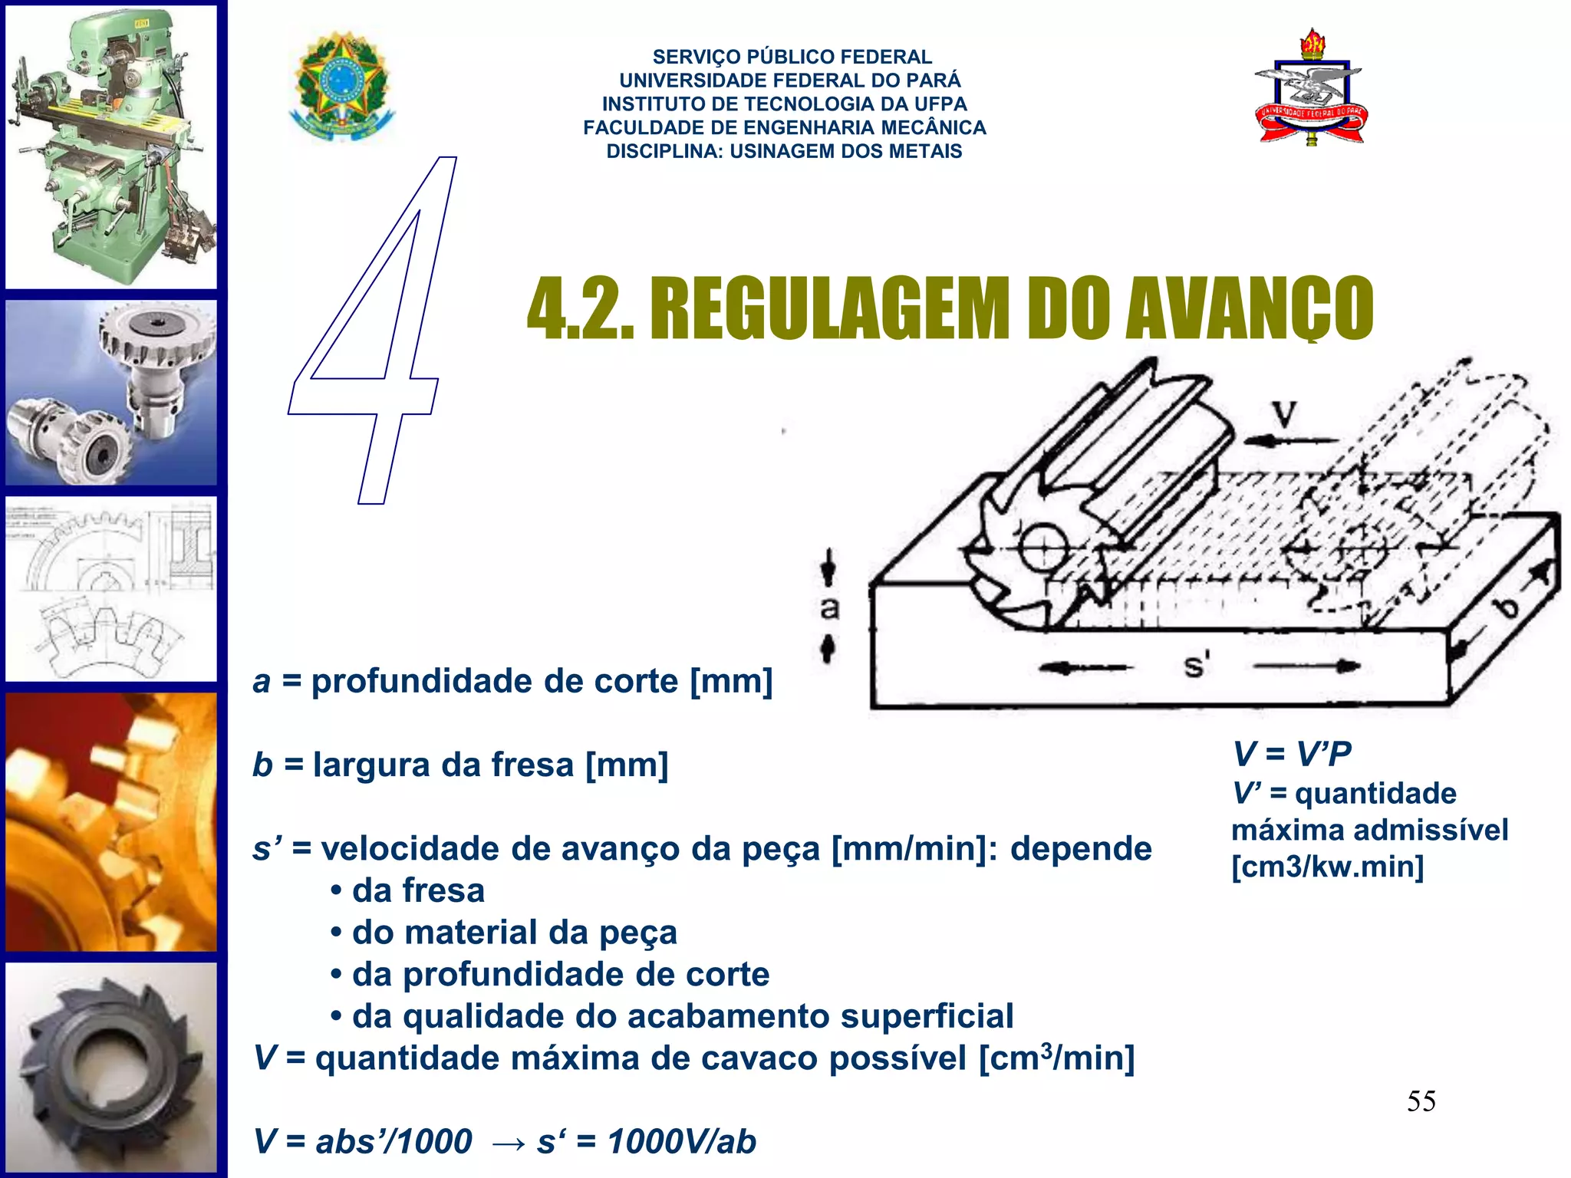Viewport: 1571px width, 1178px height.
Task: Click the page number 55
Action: [1421, 1101]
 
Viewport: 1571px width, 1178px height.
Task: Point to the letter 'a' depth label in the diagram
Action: [829, 608]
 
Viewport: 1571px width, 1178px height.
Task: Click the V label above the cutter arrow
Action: [1286, 415]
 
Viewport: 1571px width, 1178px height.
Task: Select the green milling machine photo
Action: [112, 146]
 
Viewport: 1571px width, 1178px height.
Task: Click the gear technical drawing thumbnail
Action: [112, 589]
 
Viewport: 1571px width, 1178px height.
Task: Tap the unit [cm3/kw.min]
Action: [1327, 867]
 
